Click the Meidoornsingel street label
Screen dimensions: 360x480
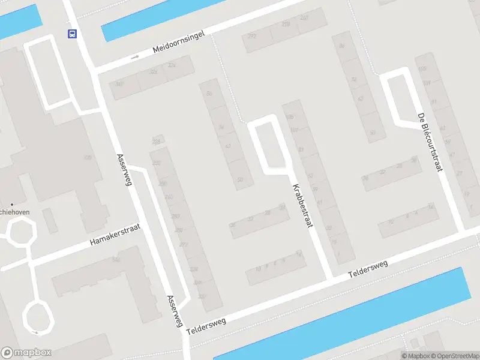179,44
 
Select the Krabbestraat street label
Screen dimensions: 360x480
302,205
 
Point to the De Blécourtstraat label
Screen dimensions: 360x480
430,142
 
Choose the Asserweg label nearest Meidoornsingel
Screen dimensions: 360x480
123,170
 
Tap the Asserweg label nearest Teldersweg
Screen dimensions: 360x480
175,311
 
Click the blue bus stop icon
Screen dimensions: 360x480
72,34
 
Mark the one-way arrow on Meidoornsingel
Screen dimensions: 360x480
135,58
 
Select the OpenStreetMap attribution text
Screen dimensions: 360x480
453,356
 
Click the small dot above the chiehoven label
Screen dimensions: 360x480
11,205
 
